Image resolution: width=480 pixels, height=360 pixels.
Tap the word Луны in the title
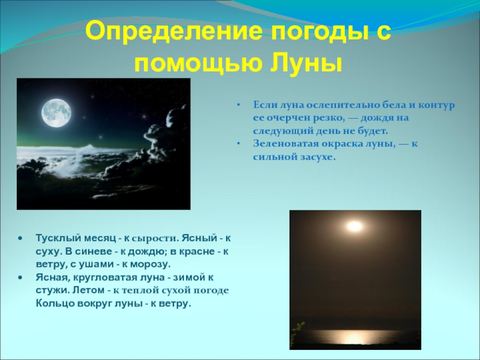coord(311,61)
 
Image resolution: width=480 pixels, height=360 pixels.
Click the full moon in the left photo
coord(56,111)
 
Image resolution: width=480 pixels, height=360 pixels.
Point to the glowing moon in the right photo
coord(355,226)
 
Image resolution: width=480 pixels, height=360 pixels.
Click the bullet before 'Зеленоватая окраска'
coord(238,143)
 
